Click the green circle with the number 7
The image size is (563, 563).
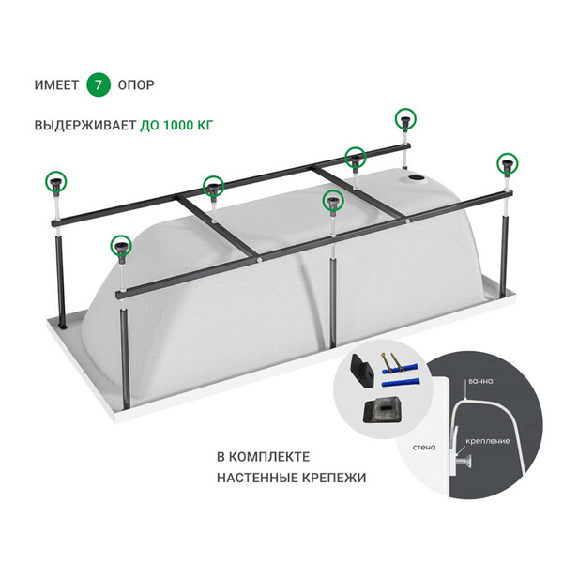[x=98, y=84]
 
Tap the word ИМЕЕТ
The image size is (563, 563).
[x=56, y=85]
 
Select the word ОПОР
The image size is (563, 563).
[x=136, y=85]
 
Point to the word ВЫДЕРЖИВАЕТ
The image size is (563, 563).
[x=85, y=126]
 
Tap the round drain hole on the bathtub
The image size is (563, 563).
[x=417, y=177]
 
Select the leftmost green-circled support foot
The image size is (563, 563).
[x=56, y=181]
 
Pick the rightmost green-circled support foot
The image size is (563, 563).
[x=508, y=163]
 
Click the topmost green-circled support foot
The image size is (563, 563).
[x=405, y=119]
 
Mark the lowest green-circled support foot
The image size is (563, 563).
[x=121, y=246]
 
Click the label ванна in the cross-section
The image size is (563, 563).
[x=480, y=381]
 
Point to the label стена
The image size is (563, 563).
[x=424, y=448]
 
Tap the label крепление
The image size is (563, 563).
[x=488, y=441]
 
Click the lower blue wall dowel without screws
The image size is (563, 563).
[x=400, y=383]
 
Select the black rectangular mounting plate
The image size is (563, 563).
[x=382, y=410]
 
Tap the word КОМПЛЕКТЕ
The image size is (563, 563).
[x=269, y=457]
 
